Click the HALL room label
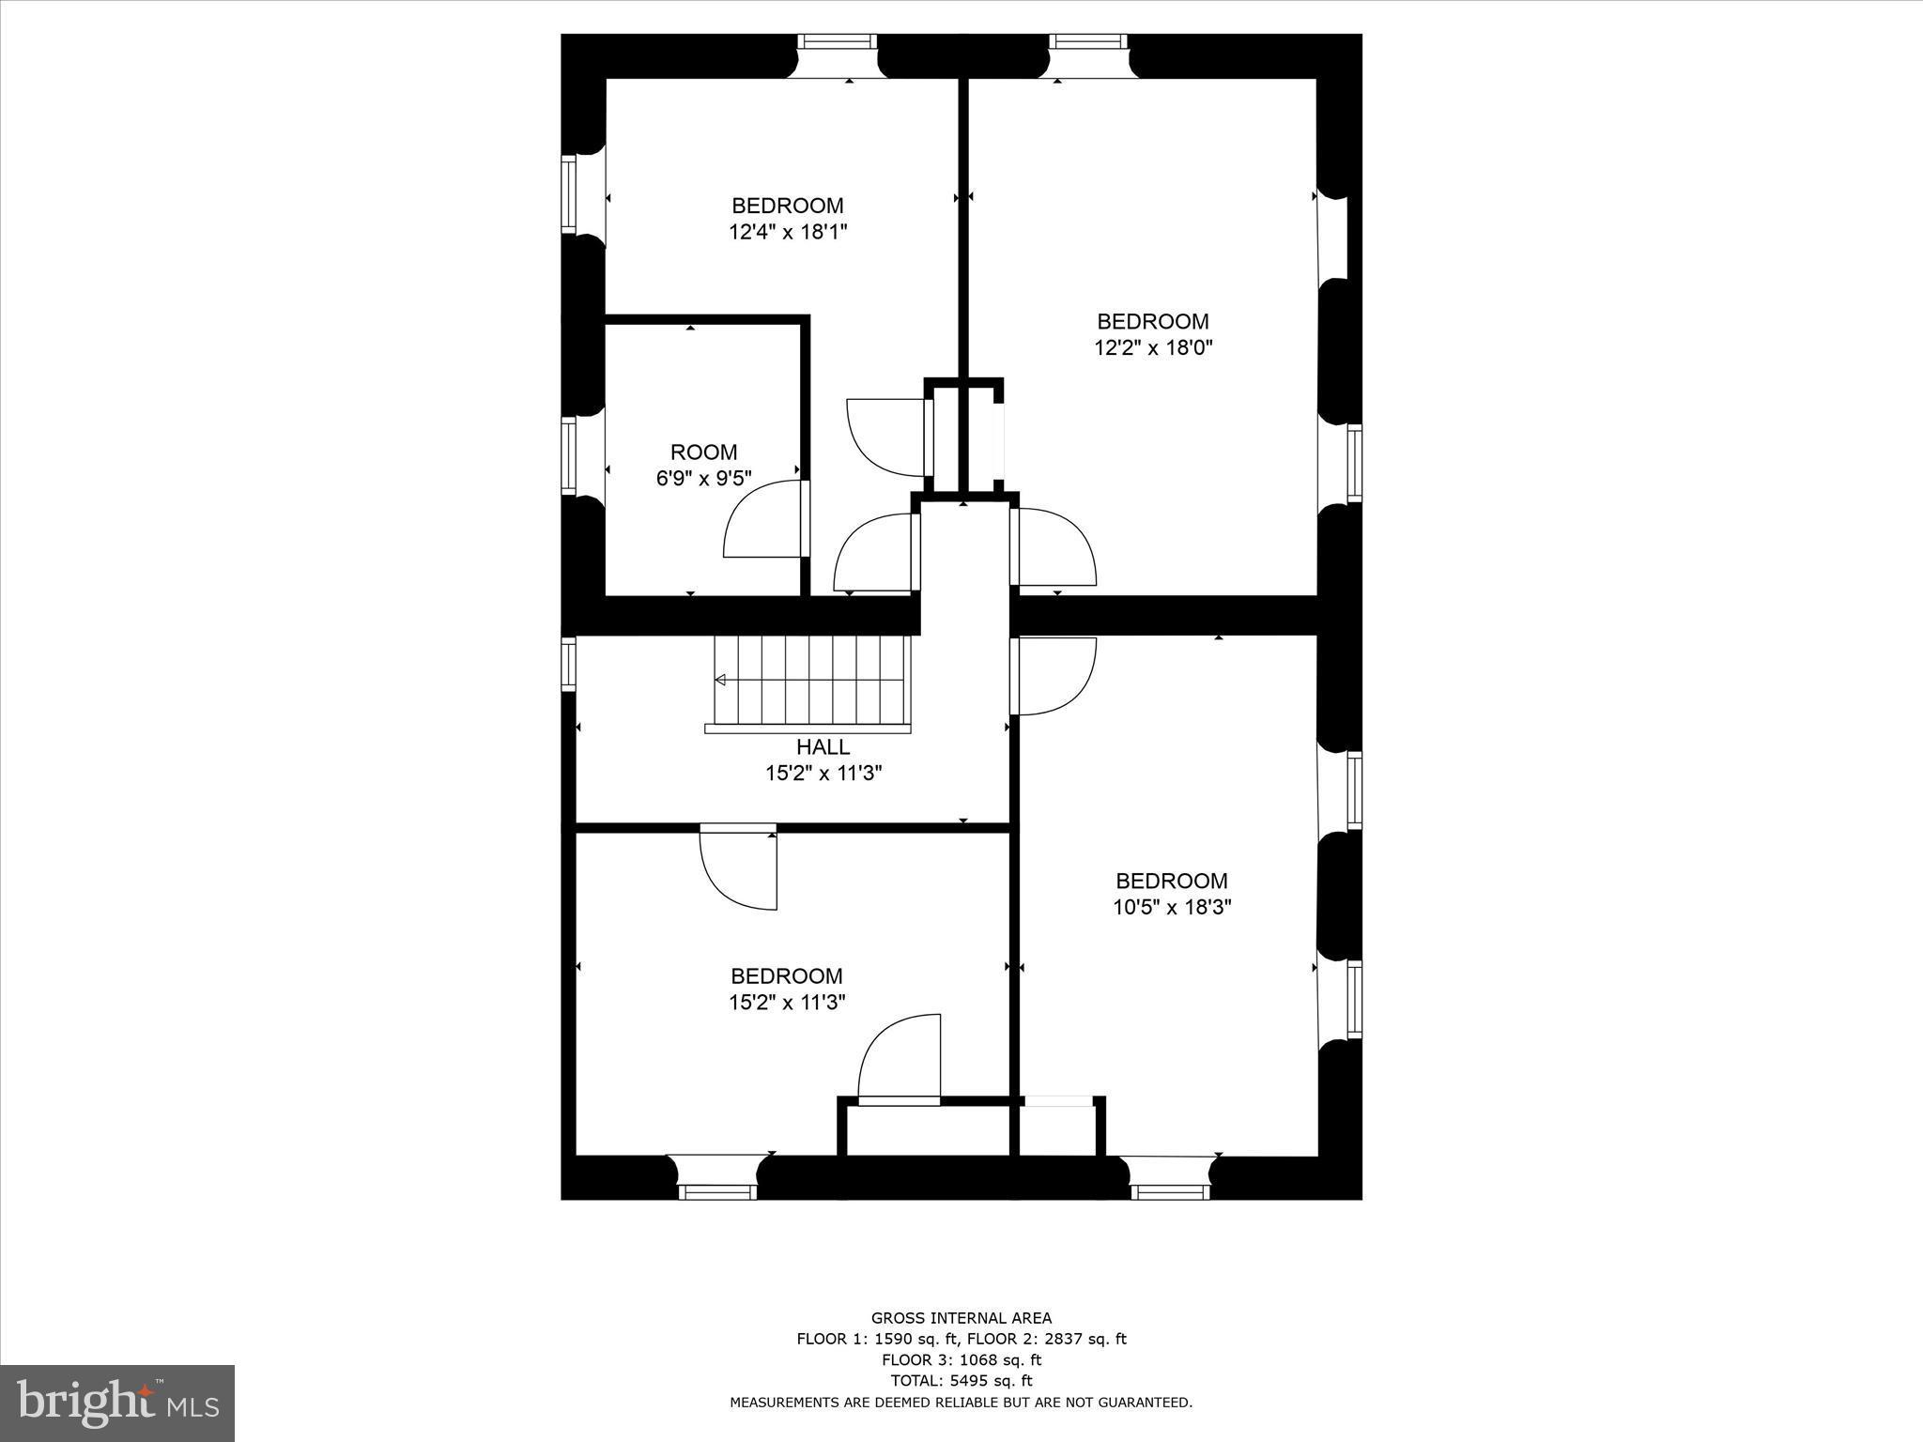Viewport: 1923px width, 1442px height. (823, 747)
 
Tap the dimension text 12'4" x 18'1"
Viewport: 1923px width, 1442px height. (788, 232)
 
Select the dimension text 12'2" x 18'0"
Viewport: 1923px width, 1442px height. (1153, 348)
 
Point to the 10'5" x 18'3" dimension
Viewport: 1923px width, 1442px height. (1171, 907)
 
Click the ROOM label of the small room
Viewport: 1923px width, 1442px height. (703, 452)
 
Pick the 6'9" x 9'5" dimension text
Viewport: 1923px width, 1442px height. (703, 479)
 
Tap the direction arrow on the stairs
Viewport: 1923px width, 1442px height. (721, 680)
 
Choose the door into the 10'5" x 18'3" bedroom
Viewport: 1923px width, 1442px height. (1054, 676)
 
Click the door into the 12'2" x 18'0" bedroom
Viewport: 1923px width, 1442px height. (1054, 546)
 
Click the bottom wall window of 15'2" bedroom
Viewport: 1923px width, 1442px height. (717, 1191)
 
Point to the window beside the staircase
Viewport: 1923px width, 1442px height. (568, 664)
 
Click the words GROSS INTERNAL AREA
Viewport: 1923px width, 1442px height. (961, 1318)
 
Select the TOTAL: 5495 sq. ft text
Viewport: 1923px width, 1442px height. (961, 1380)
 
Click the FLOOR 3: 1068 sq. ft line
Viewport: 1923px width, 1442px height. (961, 1359)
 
